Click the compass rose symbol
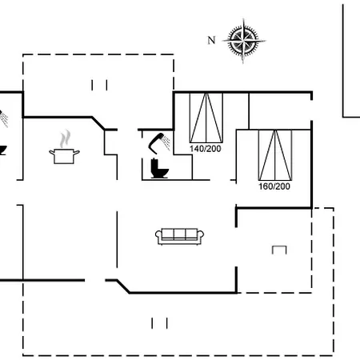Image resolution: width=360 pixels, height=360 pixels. coord(243,41)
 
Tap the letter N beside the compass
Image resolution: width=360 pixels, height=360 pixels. coord(211,40)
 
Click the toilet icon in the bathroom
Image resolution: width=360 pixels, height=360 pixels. coord(159,168)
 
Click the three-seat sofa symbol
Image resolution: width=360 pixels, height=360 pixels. coord(179,236)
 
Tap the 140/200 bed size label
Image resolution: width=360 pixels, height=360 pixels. coord(206,149)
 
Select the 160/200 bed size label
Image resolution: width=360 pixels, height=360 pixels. coord(274,186)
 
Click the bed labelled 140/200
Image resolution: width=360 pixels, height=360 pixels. coord(206,118)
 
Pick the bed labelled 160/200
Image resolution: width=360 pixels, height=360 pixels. coord(275,155)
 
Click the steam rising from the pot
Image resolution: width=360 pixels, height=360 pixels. coord(65,138)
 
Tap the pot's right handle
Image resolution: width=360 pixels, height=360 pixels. coord(76,153)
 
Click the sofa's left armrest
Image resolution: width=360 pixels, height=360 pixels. coord(158,236)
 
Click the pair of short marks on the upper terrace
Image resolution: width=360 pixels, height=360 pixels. coord(99,85)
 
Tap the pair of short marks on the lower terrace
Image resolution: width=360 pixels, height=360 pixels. coord(159,323)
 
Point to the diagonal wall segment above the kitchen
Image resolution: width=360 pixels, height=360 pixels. coord(98,123)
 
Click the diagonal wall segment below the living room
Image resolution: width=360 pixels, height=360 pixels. coord(123,286)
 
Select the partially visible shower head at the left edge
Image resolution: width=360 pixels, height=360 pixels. coord(3,118)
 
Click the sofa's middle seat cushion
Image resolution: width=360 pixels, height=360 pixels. coord(179,234)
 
